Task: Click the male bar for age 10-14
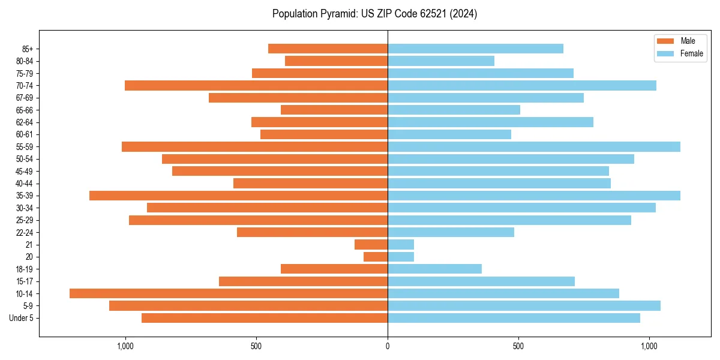[229, 293]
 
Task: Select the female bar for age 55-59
[534, 146]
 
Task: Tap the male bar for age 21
[371, 244]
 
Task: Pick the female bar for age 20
[401, 257]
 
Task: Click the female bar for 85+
[475, 49]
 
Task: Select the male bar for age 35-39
[238, 196]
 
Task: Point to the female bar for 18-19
[434, 269]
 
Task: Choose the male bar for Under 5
[265, 318]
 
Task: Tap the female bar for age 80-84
[441, 61]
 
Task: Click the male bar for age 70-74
[256, 85]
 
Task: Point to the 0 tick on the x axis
[388, 346]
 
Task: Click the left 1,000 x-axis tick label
[125, 346]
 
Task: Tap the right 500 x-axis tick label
[518, 346]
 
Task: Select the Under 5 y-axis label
[22, 318]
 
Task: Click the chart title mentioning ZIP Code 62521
[374, 13]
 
